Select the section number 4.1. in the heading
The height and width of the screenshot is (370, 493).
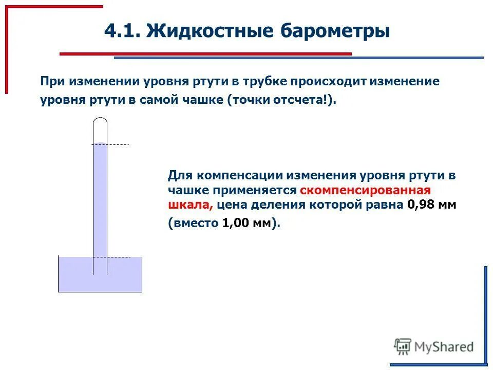click(122, 31)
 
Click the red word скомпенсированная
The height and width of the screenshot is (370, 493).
click(365, 190)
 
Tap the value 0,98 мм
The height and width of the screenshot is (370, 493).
click(431, 205)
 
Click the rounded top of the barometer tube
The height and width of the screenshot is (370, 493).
click(100, 121)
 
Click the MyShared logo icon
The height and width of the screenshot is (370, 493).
click(403, 347)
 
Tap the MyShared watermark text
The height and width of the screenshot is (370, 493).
click(444, 347)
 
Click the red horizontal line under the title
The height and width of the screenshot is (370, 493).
click(205, 53)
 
